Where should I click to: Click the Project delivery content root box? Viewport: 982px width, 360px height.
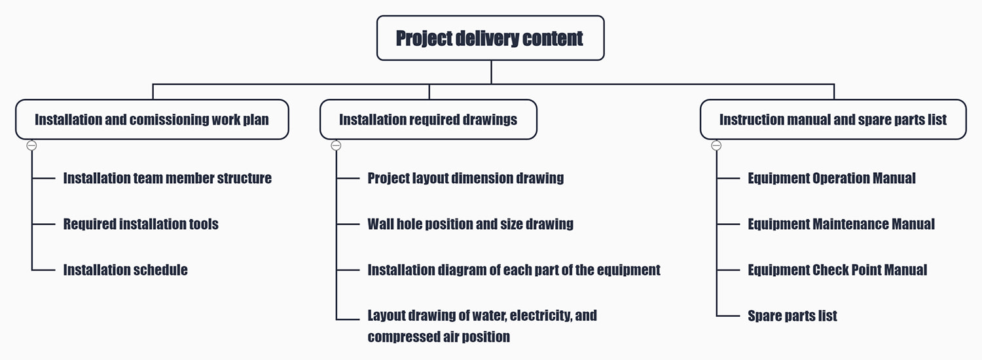(x=490, y=38)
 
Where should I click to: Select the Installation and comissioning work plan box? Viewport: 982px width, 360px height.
(x=152, y=119)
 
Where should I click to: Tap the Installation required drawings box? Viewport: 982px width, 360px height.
(x=428, y=119)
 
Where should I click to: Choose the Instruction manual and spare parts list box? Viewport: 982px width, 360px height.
(x=833, y=119)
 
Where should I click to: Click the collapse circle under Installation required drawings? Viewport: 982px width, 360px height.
(x=336, y=145)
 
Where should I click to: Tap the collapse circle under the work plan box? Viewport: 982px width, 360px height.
(x=31, y=145)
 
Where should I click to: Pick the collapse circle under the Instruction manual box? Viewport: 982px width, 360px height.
(x=716, y=145)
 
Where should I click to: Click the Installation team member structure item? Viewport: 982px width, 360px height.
(x=168, y=178)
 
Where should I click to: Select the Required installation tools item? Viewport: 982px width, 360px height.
(x=141, y=224)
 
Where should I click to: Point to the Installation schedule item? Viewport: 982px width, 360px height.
(x=126, y=270)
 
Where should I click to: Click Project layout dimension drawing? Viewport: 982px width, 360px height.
(x=465, y=178)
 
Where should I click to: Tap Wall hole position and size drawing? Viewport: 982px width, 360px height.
(x=471, y=224)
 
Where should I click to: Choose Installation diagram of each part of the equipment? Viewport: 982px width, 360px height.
(x=514, y=270)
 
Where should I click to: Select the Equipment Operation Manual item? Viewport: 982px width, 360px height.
(x=831, y=178)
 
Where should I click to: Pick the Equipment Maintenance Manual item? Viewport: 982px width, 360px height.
(x=841, y=224)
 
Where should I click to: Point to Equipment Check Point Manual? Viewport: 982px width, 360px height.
(x=837, y=270)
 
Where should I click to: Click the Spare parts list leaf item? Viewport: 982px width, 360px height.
(x=792, y=315)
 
